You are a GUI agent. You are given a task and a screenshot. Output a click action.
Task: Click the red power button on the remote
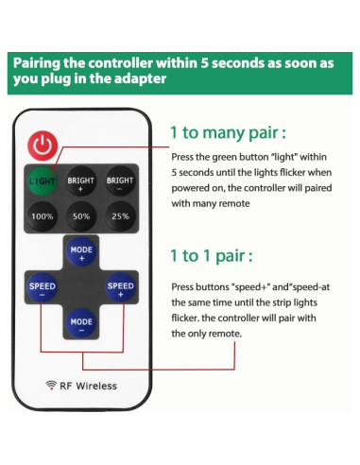click(43, 146)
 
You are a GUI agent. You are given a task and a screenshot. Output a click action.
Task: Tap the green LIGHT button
click(43, 181)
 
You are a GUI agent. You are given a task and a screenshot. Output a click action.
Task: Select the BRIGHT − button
click(120, 181)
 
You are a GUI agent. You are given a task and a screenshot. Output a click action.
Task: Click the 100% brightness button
click(43, 216)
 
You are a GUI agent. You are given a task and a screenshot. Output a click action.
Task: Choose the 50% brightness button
click(81, 216)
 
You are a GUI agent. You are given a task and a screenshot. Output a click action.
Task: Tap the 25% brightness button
click(120, 216)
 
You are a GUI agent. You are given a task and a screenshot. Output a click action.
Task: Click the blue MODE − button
click(81, 323)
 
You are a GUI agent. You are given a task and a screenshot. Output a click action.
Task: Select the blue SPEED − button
click(43, 287)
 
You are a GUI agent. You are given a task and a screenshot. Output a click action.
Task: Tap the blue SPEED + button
click(120, 287)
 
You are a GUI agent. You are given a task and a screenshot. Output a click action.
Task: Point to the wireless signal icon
click(51, 385)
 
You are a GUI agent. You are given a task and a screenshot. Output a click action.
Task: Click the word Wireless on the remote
click(96, 386)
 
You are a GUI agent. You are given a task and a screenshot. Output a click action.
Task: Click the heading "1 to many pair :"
click(228, 132)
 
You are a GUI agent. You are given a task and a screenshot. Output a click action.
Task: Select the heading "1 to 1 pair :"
click(212, 255)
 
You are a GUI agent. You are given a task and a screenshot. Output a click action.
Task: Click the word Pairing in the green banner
click(37, 64)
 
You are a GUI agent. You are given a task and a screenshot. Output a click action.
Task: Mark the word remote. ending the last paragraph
click(225, 334)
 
